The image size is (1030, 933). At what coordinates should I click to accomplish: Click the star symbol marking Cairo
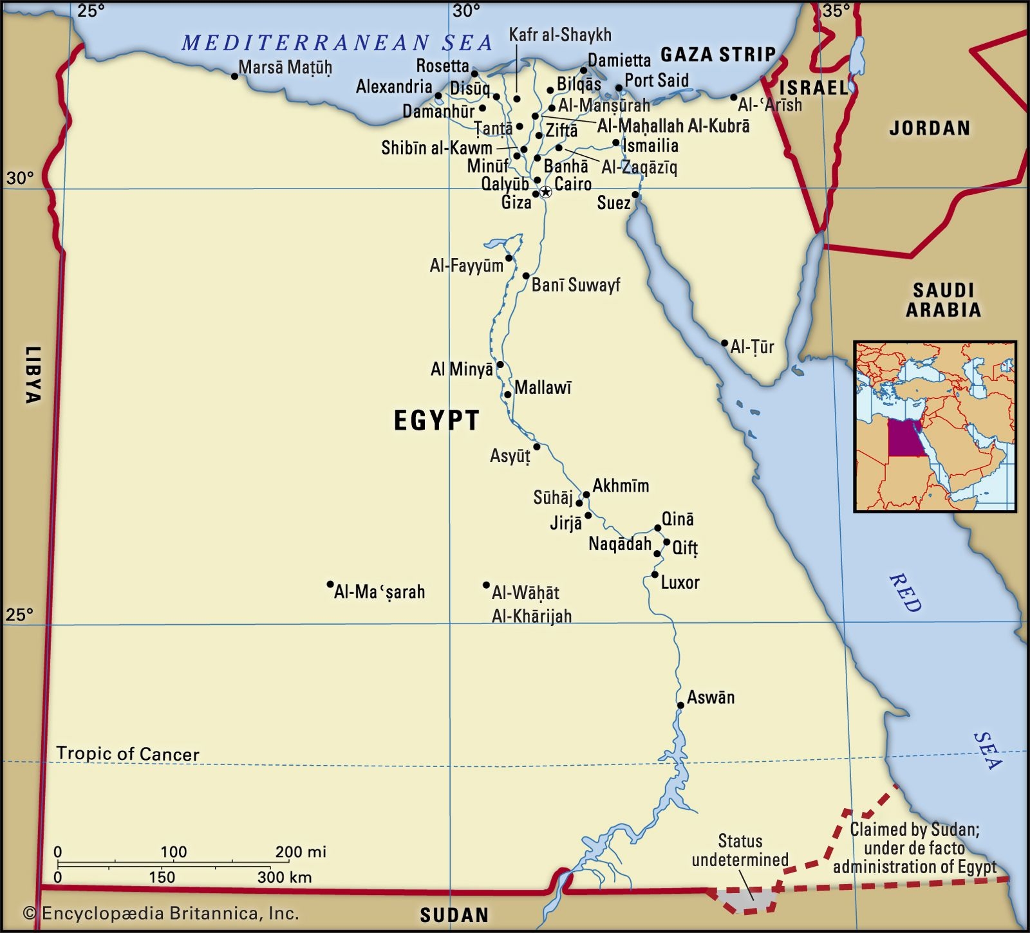click(x=545, y=192)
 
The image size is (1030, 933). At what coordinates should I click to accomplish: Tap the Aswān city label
click(x=711, y=697)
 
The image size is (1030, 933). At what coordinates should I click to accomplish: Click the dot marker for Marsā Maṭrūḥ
click(x=234, y=77)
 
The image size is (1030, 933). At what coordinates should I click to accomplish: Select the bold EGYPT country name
click(x=436, y=420)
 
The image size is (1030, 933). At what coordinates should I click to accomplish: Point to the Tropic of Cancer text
click(x=127, y=754)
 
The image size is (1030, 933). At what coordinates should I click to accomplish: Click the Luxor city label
click(x=680, y=582)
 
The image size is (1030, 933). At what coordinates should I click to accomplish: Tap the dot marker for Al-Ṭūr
click(x=724, y=344)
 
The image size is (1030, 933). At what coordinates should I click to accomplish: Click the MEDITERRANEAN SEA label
click(x=337, y=43)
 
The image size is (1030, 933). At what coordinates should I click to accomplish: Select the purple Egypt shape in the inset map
click(x=905, y=438)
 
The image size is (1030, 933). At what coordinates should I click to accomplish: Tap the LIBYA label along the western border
click(x=32, y=374)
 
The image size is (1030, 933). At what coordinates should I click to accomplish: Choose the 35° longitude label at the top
click(x=836, y=10)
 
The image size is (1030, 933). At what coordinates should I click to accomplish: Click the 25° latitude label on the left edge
click(x=19, y=615)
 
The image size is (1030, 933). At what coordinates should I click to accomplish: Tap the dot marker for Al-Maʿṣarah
click(x=330, y=585)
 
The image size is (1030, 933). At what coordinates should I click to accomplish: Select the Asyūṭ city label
click(x=510, y=456)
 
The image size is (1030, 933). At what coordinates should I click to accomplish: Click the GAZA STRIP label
click(x=718, y=55)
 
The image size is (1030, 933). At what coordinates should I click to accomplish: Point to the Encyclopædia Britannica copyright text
click(x=161, y=912)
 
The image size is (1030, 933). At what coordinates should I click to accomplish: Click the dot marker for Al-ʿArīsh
click(x=734, y=98)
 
